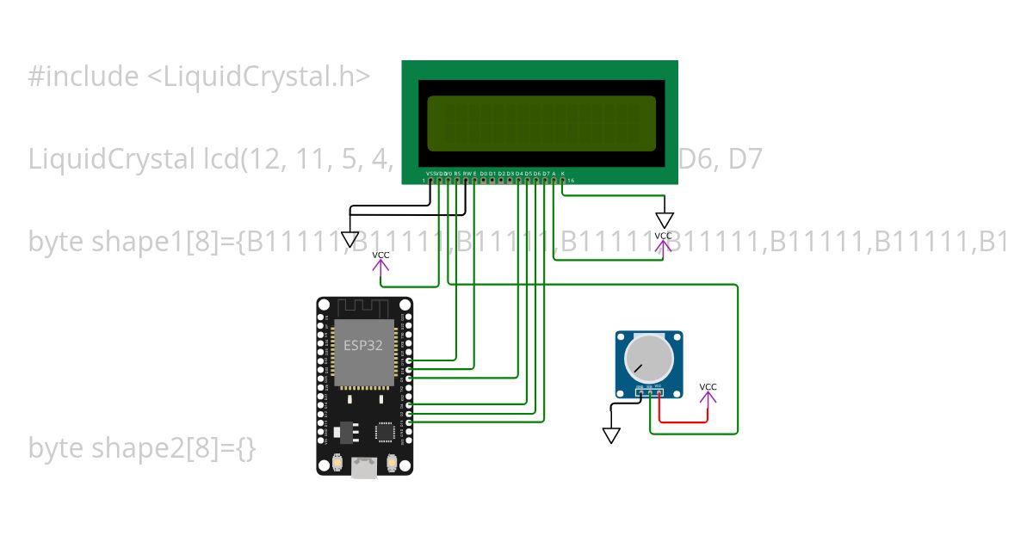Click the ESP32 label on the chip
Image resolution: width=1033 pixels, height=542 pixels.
point(363,346)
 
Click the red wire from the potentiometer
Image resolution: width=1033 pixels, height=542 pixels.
point(684,422)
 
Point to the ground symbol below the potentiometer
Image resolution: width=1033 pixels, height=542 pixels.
point(611,435)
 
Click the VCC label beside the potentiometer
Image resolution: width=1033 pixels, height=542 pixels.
point(708,387)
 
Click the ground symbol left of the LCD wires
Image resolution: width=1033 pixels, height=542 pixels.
point(349,239)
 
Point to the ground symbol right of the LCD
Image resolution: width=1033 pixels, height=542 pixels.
point(665,220)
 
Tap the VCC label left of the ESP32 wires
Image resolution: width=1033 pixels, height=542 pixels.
point(380,256)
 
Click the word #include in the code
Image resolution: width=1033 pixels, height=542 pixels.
point(83,77)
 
